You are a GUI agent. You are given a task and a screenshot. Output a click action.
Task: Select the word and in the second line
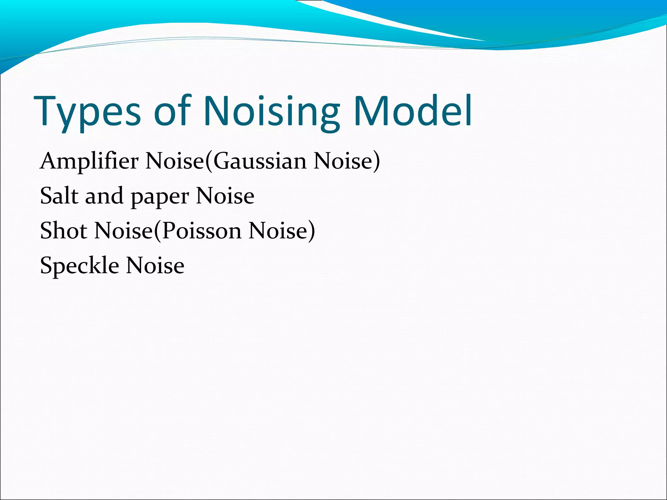104,196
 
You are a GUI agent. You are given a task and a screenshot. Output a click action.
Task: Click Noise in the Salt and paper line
225,196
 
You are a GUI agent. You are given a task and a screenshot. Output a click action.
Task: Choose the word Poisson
202,230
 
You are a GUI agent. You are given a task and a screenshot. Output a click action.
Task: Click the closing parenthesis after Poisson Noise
311,230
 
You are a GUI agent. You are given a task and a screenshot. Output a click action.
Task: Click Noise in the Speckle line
155,265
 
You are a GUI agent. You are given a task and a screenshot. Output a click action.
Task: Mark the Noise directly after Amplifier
175,161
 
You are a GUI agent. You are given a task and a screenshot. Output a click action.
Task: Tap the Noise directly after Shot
124,230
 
